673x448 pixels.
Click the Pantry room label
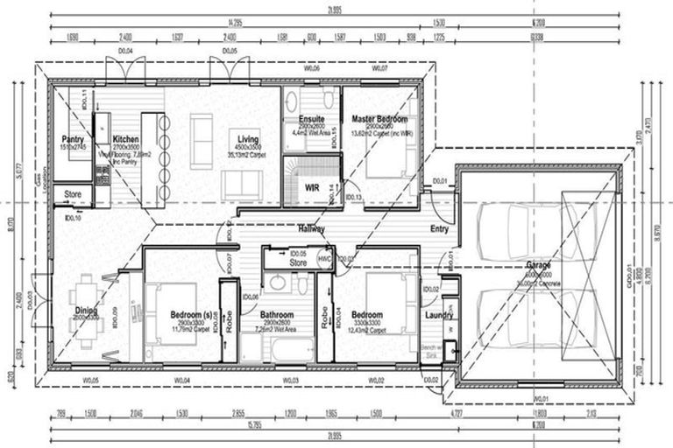point(72,139)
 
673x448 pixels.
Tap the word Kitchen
point(125,139)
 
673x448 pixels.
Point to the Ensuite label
point(311,118)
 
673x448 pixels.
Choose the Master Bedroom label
point(379,118)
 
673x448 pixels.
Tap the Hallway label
point(310,229)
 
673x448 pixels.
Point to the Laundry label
point(437,315)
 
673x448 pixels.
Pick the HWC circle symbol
point(324,259)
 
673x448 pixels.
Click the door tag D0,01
point(440,181)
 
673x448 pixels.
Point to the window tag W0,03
point(292,380)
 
